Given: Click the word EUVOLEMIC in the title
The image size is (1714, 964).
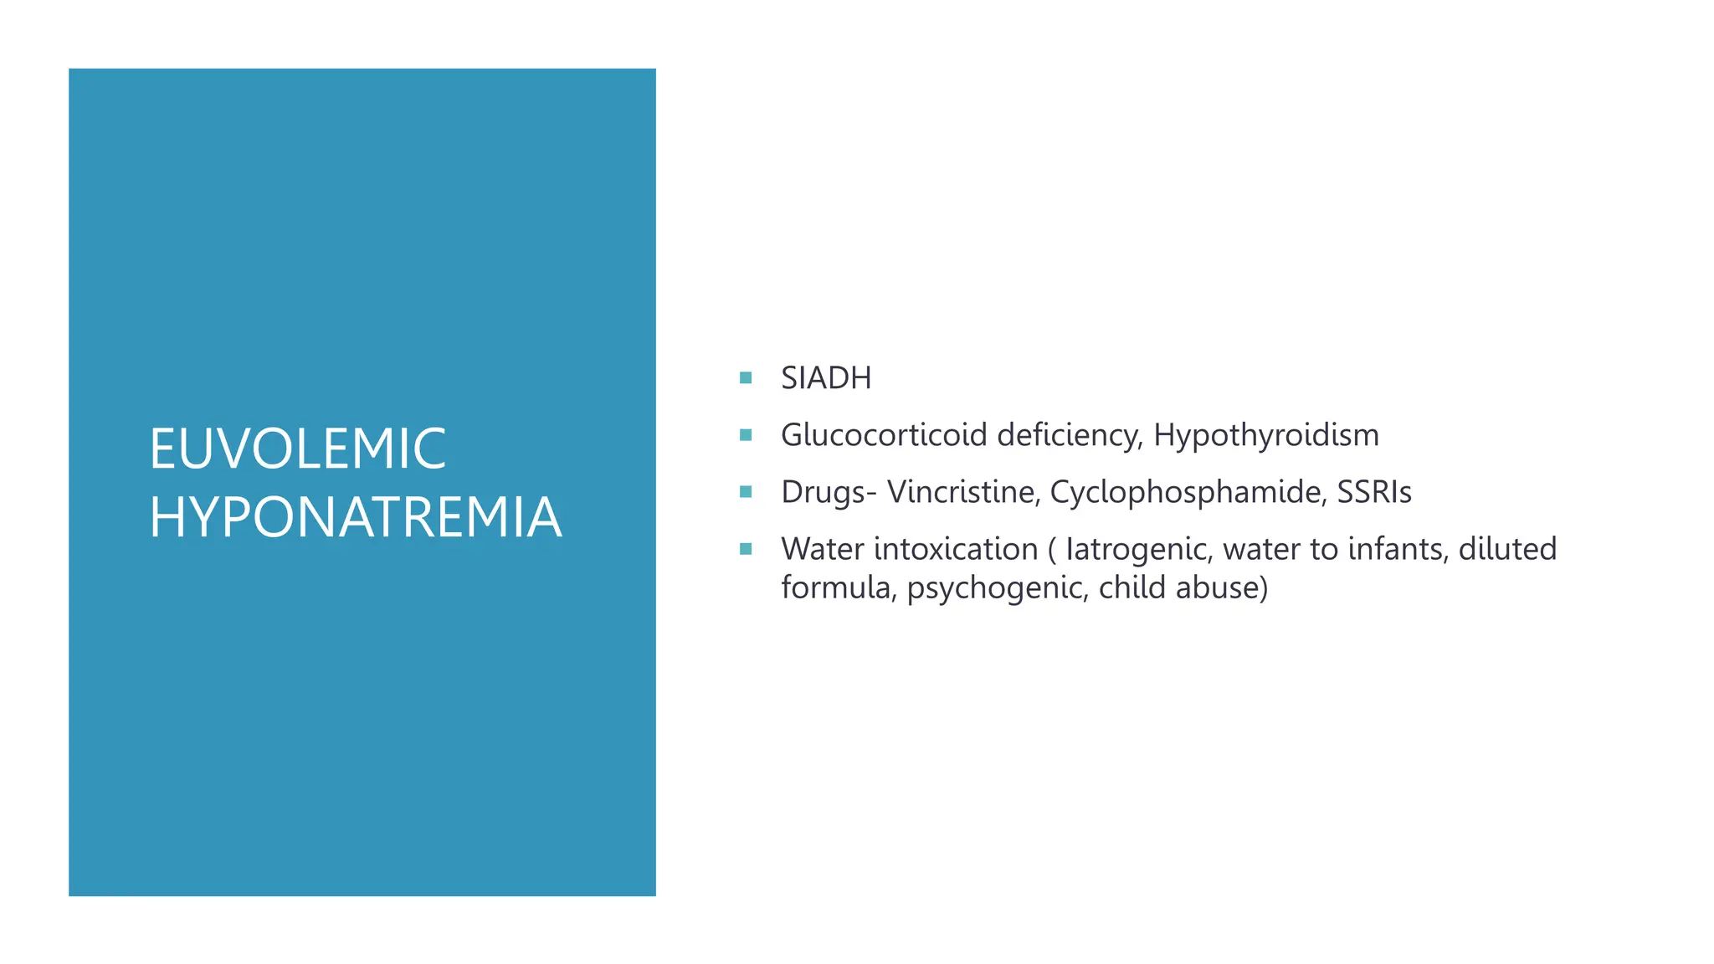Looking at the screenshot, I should coord(297,449).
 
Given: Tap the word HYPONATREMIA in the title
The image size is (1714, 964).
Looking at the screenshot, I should coord(356,517).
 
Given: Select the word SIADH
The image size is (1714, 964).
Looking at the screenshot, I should coord(826,378).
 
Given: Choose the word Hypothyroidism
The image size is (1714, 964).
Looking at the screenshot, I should coord(1265,435).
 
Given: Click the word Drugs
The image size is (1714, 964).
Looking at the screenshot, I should coord(824,492).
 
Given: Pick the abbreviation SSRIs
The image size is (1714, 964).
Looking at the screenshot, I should coord(1374,492).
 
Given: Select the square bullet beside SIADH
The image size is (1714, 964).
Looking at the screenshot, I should coord(746,378).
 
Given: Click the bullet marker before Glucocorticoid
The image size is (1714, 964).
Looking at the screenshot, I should coord(746,435).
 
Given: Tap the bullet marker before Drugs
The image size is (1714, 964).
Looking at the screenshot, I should coord(746,492).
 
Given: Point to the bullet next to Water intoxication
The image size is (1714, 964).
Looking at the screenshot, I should coord(746,549).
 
